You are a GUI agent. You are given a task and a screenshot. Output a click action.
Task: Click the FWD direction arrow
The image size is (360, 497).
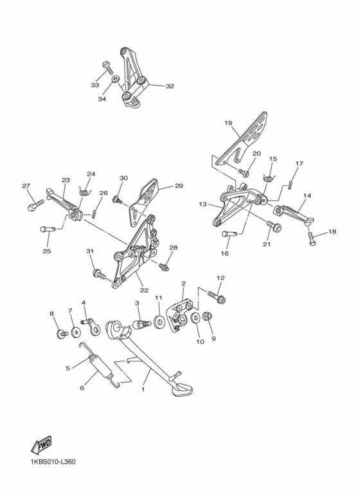pos(41,444)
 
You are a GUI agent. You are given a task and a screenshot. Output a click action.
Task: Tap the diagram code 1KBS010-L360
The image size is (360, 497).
pos(53,462)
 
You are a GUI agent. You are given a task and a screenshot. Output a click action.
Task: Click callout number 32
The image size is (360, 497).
pos(170,86)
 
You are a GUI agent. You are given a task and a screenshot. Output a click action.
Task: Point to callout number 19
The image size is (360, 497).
pos(228,123)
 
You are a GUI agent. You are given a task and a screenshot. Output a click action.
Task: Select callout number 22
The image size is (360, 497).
pos(144,291)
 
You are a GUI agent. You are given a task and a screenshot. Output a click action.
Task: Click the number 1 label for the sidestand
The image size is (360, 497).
pos(143,389)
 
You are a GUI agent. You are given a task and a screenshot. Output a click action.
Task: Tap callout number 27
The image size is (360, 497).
pos(26,186)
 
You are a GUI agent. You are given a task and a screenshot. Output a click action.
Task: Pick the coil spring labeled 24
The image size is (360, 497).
pos(85,192)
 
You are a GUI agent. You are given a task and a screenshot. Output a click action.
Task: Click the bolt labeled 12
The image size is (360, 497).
pos(217,296)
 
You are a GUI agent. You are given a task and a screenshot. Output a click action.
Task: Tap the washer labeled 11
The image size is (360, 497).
pos(159,321)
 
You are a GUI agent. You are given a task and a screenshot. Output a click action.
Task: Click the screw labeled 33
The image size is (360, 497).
pos(107,68)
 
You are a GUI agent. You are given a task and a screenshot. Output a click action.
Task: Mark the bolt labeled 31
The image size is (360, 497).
pos(99,275)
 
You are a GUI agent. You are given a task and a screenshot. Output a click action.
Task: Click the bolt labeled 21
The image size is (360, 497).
pos(274,227)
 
